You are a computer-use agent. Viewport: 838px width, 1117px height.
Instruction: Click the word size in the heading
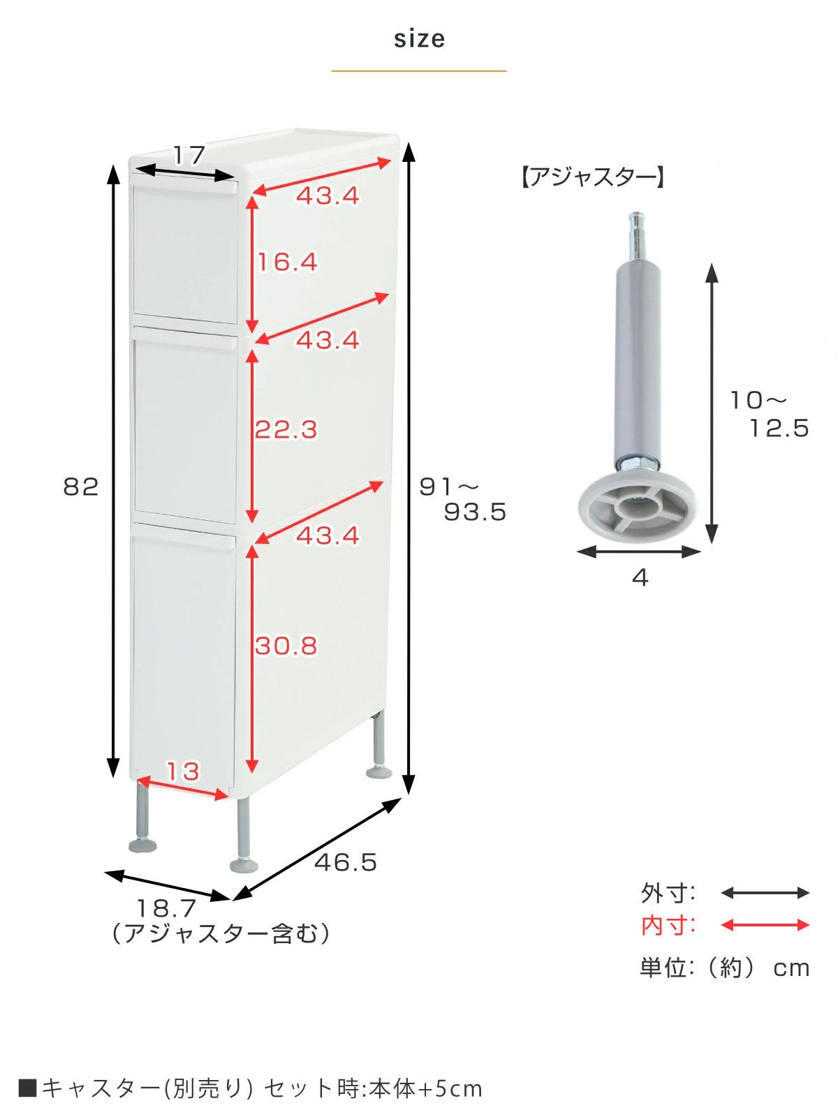point(419,38)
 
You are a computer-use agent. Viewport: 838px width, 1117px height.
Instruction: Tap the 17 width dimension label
point(189,155)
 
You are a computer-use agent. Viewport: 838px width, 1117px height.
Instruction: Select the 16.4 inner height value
point(288,262)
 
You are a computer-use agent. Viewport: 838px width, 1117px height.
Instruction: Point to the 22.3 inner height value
point(286,429)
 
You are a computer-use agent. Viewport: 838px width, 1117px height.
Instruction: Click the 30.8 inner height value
point(286,646)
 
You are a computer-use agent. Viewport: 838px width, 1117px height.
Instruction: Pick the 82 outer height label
point(81,487)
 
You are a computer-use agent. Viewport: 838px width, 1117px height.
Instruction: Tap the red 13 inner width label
point(183,771)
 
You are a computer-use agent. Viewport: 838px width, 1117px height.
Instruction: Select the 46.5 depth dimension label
point(346,862)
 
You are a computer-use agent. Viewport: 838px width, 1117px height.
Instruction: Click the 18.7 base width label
point(166,908)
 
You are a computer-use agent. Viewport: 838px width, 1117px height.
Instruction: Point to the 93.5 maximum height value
point(476,512)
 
